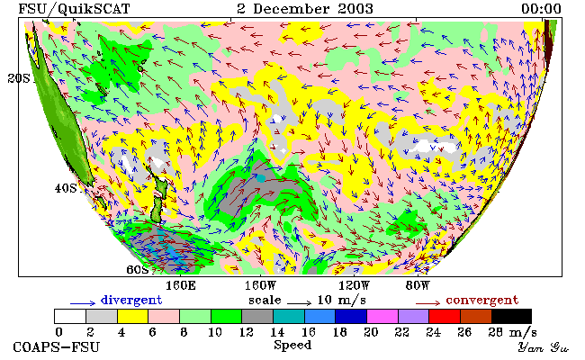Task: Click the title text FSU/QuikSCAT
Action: coord(74,9)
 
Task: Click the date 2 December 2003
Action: coord(305,9)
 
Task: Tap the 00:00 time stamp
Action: coord(541,9)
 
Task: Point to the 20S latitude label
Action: coord(19,78)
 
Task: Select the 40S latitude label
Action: coord(66,188)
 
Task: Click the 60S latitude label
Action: coord(138,269)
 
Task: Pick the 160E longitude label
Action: coord(181,286)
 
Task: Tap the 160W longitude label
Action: coord(260,286)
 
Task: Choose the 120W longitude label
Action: coord(354,286)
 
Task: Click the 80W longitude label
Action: coord(418,286)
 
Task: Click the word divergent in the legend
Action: coord(131,301)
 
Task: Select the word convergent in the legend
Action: coord(482,301)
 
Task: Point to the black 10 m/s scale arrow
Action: coord(299,303)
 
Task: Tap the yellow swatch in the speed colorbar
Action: coord(132,316)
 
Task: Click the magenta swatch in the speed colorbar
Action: coord(382,316)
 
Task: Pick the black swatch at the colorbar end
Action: coord(511,316)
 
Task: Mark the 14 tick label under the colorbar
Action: coord(277,332)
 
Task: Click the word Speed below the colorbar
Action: coord(292,345)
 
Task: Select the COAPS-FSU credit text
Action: coord(57,346)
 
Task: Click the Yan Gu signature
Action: coord(543,347)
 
